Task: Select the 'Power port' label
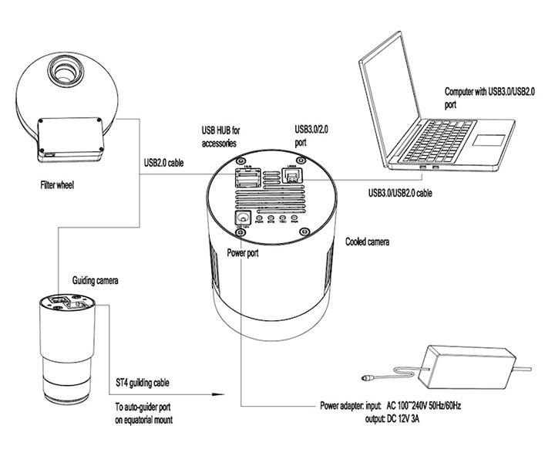coord(247,252)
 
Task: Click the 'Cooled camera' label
coord(367,242)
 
